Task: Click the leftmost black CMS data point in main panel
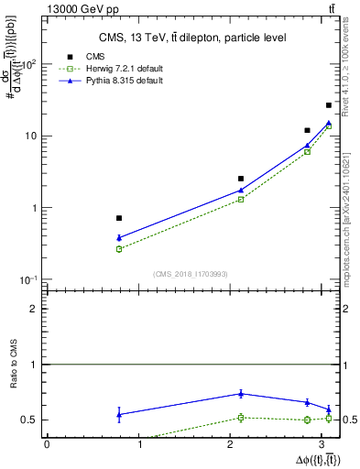point(119,218)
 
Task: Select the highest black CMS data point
point(329,105)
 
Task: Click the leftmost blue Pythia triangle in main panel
point(119,237)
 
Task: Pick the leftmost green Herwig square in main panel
point(119,248)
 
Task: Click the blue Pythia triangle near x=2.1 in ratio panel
point(241,393)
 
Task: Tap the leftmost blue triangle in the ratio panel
point(119,414)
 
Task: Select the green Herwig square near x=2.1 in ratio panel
point(241,418)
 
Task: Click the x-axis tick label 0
point(47,446)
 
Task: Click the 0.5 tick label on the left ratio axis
point(33,420)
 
